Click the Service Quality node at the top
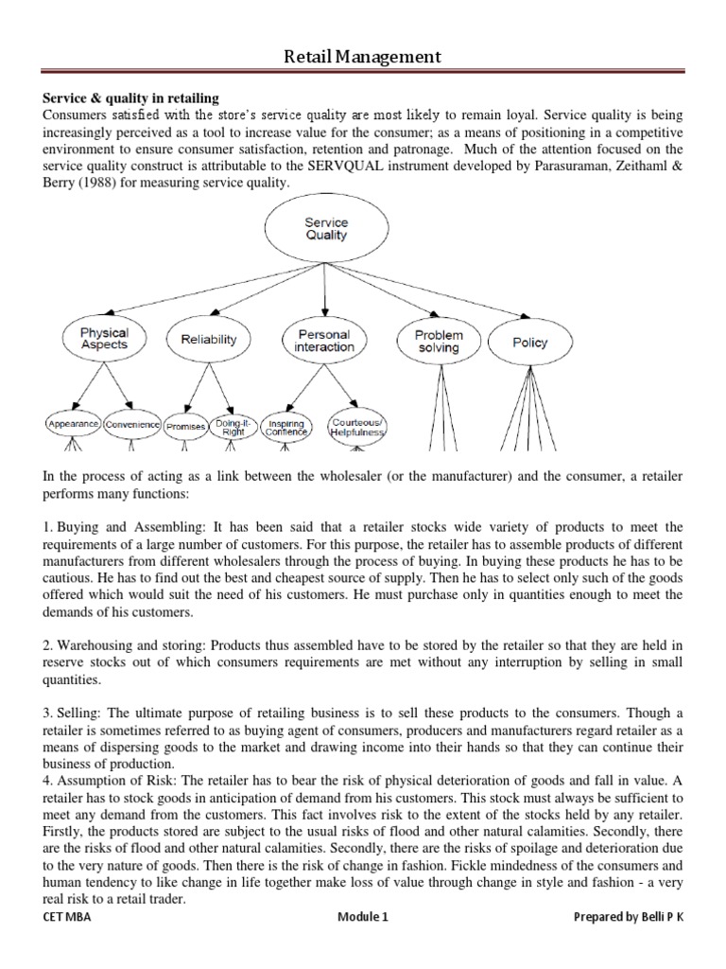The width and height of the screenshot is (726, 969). [x=326, y=230]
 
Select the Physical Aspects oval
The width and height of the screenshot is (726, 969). [x=105, y=340]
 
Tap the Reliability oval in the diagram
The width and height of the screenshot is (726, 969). [x=208, y=340]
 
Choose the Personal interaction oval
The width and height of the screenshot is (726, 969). [x=324, y=341]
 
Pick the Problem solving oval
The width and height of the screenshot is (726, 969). [x=439, y=342]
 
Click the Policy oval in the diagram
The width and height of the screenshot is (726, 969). [x=529, y=342]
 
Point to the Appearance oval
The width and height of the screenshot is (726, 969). [x=73, y=425]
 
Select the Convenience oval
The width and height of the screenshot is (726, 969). [x=132, y=425]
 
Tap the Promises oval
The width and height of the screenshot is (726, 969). [x=186, y=427]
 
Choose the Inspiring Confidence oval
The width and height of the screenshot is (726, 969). [x=286, y=427]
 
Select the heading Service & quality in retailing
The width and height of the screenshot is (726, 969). [x=131, y=97]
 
